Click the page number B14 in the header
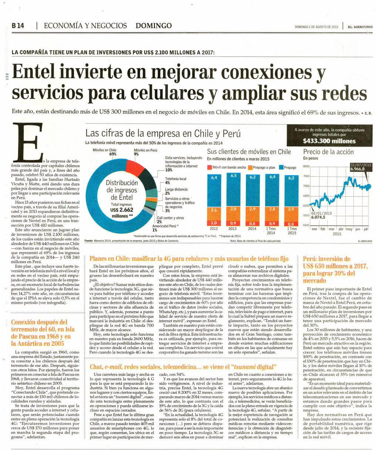[17, 26]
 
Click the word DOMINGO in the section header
[153, 26]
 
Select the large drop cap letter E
[25, 145]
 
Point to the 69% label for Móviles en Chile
[113, 154]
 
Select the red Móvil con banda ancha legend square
[209, 167]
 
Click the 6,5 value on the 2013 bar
[234, 176]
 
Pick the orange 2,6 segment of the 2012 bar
[214, 210]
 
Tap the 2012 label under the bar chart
[214, 229]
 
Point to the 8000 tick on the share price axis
[306, 166]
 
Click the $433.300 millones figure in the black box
[329, 141]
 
